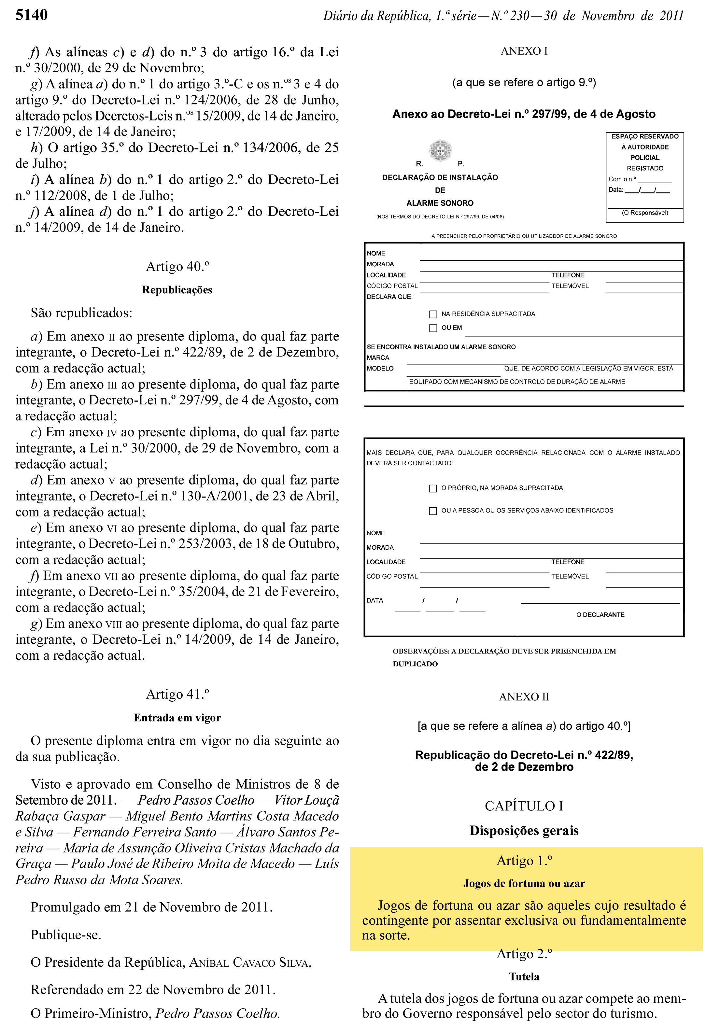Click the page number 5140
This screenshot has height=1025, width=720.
(32, 15)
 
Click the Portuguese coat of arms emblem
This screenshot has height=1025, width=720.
(440, 150)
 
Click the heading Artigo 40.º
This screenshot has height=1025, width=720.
(177, 267)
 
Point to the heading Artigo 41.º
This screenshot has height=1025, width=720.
(177, 694)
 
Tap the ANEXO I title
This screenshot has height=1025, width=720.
(524, 51)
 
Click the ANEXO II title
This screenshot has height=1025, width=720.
(524, 697)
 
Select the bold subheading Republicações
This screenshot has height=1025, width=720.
(177, 290)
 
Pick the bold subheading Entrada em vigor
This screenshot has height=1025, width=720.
(177, 718)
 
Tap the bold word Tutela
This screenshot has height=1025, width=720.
(524, 977)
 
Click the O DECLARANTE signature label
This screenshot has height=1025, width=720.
(600, 615)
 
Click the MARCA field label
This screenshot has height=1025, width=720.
(378, 358)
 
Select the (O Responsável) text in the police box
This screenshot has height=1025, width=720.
(645, 213)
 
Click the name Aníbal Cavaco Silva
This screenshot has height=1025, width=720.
(250, 962)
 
